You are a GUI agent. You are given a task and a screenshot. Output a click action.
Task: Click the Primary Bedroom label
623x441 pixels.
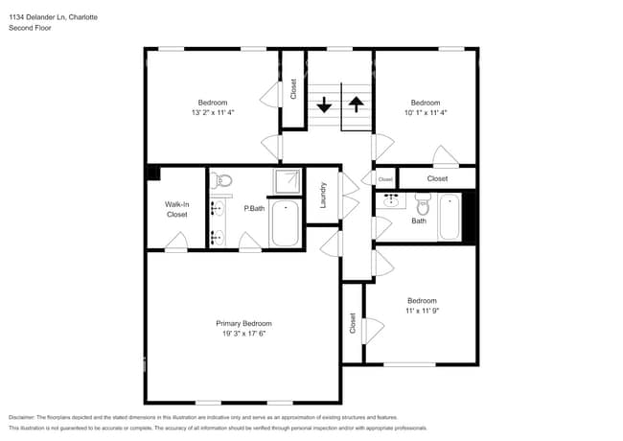click(243, 324)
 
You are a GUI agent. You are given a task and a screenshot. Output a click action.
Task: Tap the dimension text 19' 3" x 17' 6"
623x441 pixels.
click(243, 335)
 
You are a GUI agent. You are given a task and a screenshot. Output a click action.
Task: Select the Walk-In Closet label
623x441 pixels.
click(176, 209)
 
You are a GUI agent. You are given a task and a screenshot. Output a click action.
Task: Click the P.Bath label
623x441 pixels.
click(254, 209)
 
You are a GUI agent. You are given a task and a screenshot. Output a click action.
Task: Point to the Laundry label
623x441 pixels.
click(324, 196)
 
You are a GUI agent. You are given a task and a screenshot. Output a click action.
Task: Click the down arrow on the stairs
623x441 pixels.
click(325, 104)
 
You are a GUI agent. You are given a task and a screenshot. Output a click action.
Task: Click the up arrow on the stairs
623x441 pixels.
click(356, 104)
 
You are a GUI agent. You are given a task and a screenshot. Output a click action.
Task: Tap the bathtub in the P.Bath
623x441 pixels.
click(285, 223)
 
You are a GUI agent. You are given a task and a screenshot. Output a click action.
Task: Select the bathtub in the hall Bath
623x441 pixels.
click(450, 218)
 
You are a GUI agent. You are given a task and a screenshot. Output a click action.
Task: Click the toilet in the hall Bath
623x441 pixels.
click(423, 203)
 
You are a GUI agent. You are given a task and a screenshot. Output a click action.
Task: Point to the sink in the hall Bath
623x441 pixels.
click(392, 200)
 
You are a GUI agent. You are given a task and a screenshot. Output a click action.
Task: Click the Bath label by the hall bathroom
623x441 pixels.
click(419, 221)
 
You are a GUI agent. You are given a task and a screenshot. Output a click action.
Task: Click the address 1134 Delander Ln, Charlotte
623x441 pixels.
click(52, 16)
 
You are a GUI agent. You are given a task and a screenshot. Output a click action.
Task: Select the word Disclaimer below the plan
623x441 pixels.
click(26, 418)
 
